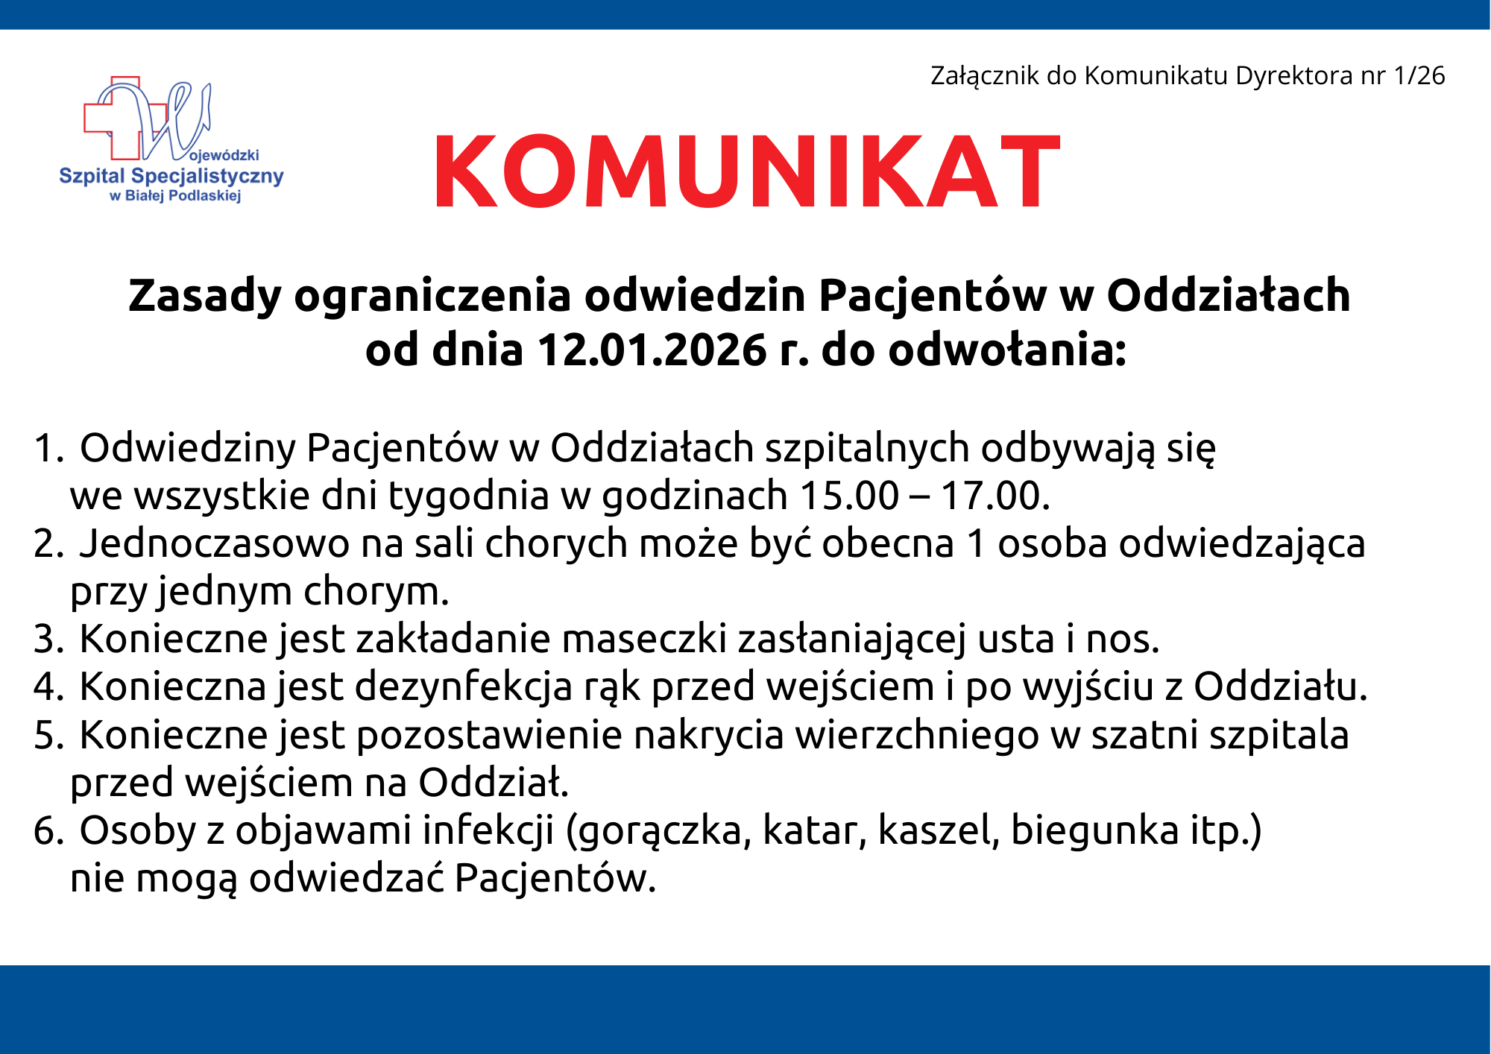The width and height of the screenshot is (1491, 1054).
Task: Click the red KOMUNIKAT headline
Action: [x=746, y=171]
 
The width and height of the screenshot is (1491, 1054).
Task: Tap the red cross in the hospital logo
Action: [x=112, y=119]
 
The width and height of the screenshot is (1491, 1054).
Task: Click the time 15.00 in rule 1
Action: [x=848, y=496]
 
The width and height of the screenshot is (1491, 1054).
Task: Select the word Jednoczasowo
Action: [x=215, y=543]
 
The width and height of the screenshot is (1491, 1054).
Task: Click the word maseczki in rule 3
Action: [x=643, y=639]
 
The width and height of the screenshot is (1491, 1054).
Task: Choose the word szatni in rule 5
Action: [x=1144, y=735]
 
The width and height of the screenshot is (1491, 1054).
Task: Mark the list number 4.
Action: [x=49, y=687]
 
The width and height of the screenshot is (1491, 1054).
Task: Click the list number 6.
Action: [x=49, y=830]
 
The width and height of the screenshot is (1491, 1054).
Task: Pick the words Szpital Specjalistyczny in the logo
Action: [x=171, y=177]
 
